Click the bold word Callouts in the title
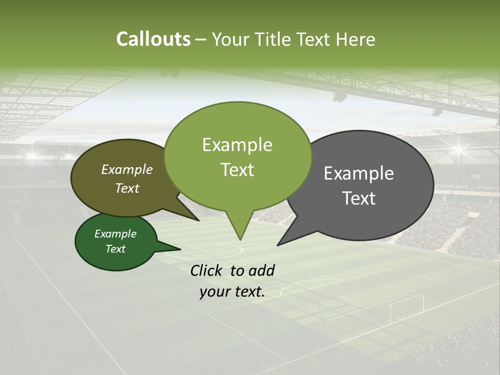tap(153, 39)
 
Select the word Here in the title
tap(356, 39)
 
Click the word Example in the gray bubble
tap(359, 173)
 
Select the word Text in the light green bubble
tap(238, 170)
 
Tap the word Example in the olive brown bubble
tap(127, 169)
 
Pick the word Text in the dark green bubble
tap(116, 249)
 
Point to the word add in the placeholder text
tap(261, 270)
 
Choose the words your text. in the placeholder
tap(232, 292)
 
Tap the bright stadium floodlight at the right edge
tap(459, 150)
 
